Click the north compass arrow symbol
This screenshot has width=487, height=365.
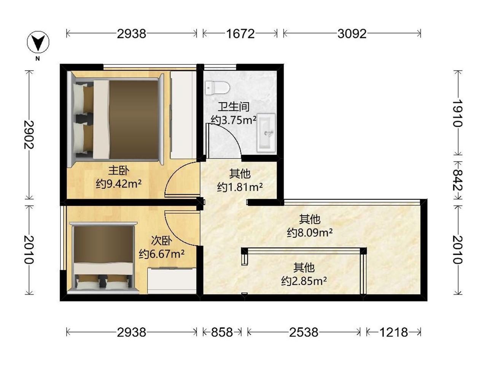[x=38, y=42]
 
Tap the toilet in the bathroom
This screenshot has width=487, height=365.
[x=217, y=88]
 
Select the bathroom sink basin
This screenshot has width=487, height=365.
[x=266, y=133]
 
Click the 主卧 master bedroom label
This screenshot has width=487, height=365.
[x=119, y=171]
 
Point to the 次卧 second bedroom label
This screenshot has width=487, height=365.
[x=162, y=241]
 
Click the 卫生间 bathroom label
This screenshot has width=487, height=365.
[x=233, y=107]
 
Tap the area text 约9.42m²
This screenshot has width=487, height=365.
[x=119, y=184]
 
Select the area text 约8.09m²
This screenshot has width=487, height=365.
[x=310, y=232]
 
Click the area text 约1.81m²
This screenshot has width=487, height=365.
[x=240, y=187]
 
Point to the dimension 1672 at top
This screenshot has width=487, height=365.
[x=240, y=34]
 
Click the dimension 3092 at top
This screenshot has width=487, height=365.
[x=352, y=34]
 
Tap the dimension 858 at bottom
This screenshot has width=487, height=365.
[x=222, y=332]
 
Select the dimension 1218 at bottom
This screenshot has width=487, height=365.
[x=393, y=332]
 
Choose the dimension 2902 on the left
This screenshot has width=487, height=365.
[x=29, y=135]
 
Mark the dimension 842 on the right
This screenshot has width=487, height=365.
[x=457, y=180]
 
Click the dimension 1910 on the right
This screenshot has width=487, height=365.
[x=457, y=113]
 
